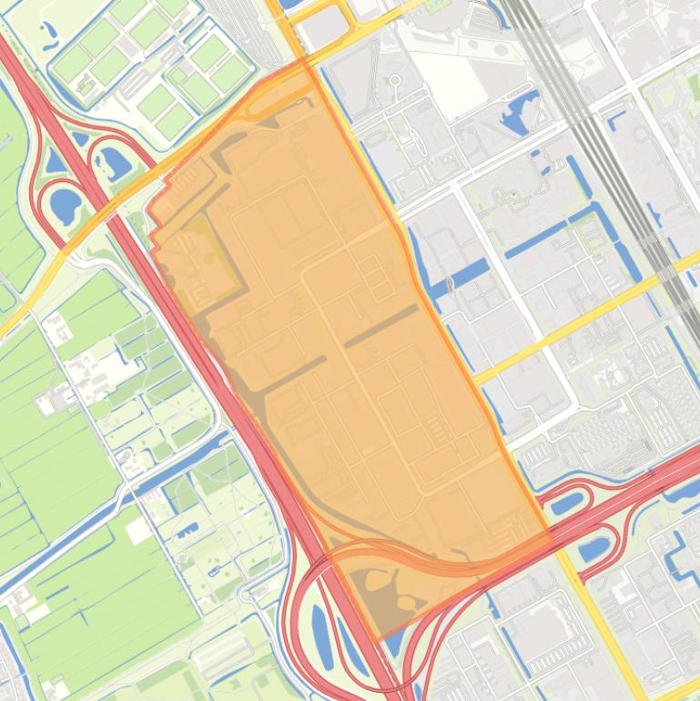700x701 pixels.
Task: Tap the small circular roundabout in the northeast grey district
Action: tap(396, 81)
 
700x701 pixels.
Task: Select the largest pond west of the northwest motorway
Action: tap(66, 204)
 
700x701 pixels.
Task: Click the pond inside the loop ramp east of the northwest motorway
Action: tap(113, 163)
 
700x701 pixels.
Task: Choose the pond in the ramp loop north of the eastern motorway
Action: tap(566, 502)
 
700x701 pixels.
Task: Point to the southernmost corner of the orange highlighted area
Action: tap(379, 640)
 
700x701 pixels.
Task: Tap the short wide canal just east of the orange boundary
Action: tap(464, 275)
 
